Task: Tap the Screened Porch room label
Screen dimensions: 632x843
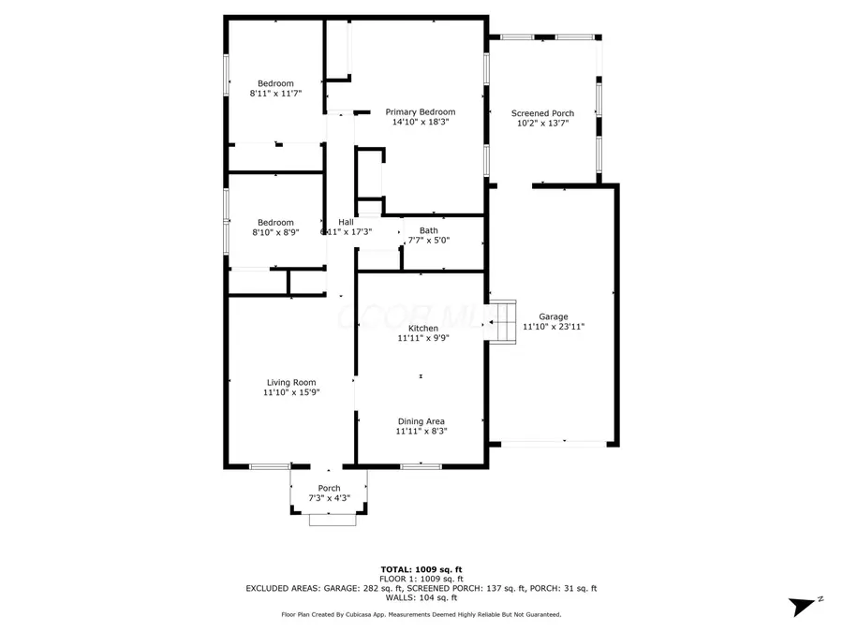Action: click(542, 113)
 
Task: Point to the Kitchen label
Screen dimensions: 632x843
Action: click(422, 328)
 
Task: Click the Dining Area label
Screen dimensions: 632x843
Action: click(421, 421)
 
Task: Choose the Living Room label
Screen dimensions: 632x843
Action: click(291, 382)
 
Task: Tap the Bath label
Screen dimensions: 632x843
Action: click(428, 230)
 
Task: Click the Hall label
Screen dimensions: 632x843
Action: click(346, 222)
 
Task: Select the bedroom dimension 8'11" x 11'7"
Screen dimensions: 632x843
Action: click(275, 94)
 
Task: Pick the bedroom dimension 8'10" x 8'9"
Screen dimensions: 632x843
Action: click(275, 232)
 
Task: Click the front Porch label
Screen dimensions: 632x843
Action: click(329, 488)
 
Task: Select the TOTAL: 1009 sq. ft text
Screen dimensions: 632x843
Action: click(421, 569)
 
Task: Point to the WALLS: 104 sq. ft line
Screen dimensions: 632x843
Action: click(421, 597)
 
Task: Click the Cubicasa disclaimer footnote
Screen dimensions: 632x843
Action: click(421, 614)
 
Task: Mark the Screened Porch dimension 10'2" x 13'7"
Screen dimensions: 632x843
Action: click(542, 123)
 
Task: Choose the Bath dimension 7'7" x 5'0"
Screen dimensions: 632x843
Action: click(428, 241)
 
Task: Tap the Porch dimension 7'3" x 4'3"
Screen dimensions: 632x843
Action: click(329, 498)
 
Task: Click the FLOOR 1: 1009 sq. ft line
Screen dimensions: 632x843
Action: click(421, 579)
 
